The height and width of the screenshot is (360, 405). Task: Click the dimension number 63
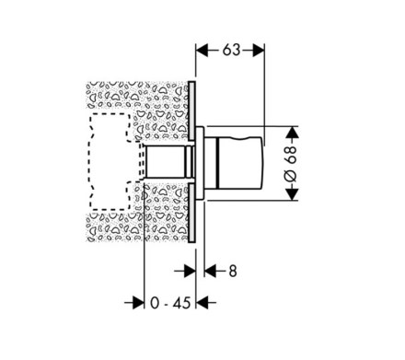(x=231, y=50)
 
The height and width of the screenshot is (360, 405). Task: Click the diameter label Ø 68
(x=291, y=164)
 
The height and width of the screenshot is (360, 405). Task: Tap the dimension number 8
(x=233, y=271)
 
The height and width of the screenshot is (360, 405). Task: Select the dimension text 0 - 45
(x=170, y=303)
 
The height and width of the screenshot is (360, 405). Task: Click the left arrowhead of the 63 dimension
(x=202, y=50)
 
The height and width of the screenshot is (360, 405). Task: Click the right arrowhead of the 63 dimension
(x=259, y=50)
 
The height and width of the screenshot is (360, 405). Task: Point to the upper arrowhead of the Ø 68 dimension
(x=293, y=133)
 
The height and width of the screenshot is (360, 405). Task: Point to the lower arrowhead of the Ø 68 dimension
(x=293, y=194)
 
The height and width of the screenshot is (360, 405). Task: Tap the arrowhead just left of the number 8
(x=211, y=271)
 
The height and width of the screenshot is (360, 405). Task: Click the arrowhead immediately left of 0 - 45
(x=138, y=303)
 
